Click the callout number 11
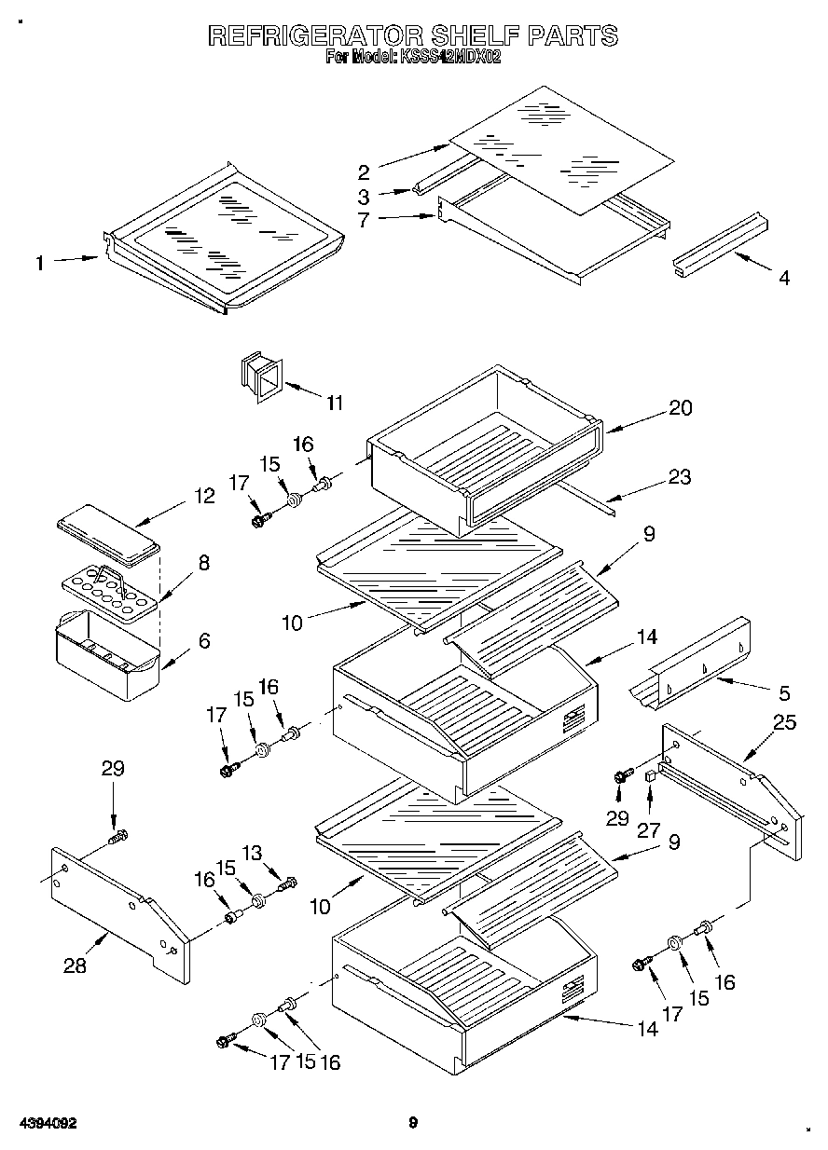click(334, 403)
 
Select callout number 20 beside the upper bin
click(681, 407)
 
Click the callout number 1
click(39, 263)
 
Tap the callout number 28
click(75, 966)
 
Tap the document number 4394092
click(46, 1123)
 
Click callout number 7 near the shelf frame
click(364, 222)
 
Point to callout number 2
click(364, 171)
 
